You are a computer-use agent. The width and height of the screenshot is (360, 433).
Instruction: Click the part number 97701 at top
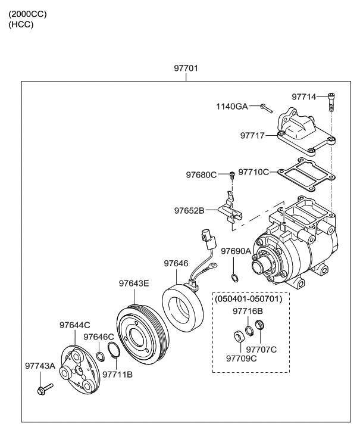tap(186, 68)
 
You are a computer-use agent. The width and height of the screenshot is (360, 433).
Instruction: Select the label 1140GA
tap(231, 107)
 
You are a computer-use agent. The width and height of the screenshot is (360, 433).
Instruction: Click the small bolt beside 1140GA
tap(265, 108)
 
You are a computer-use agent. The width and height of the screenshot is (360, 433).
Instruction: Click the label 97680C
tap(201, 175)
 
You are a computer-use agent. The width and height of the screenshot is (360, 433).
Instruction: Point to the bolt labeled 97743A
tap(45, 390)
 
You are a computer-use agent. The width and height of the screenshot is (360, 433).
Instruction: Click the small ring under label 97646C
tap(101, 357)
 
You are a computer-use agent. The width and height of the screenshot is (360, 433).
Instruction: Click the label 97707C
tap(261, 349)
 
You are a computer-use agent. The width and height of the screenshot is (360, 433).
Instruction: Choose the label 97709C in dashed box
tap(242, 358)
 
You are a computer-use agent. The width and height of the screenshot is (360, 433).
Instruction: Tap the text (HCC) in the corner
tap(21, 24)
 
